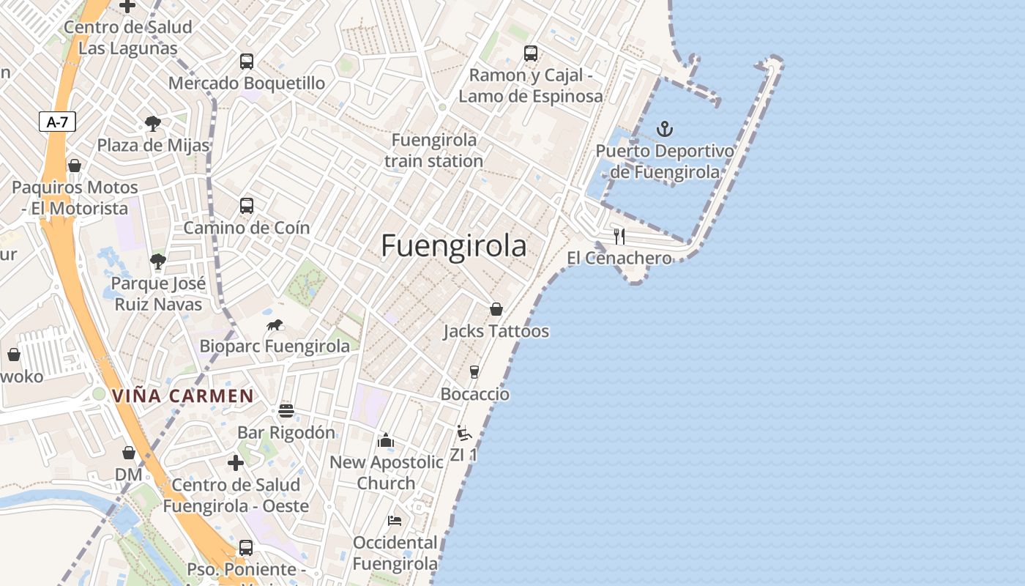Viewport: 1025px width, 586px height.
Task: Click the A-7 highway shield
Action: [x=57, y=122]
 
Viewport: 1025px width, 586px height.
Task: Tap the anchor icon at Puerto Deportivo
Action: [x=664, y=130]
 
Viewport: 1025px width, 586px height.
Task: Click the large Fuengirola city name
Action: [x=453, y=246]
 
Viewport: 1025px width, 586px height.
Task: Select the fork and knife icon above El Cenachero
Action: [x=619, y=236]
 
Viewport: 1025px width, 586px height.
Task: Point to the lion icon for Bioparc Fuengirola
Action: [x=275, y=324]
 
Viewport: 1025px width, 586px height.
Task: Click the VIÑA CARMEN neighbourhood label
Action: [x=183, y=396]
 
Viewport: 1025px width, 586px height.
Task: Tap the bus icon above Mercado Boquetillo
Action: [x=247, y=62]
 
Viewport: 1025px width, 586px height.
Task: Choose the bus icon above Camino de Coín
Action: [x=247, y=206]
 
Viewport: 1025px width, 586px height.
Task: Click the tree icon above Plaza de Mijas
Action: [x=152, y=123]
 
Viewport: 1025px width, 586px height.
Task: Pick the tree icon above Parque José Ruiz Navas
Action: [x=157, y=261]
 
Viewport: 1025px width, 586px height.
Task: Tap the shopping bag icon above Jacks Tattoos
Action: [x=496, y=309]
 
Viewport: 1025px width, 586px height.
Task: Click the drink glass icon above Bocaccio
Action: [x=474, y=372]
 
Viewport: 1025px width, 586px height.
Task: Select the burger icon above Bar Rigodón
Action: [x=286, y=411]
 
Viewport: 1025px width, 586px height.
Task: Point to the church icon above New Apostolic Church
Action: [x=385, y=440]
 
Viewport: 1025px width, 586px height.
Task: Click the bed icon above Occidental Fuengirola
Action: [x=395, y=521]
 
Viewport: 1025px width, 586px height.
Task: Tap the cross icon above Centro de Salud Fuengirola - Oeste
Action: [x=236, y=463]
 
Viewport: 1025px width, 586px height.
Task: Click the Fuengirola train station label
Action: [x=434, y=150]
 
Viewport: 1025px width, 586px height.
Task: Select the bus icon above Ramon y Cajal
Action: [x=531, y=53]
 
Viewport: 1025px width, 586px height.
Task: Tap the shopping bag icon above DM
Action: [x=129, y=453]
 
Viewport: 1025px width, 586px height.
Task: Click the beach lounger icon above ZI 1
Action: [x=463, y=433]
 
